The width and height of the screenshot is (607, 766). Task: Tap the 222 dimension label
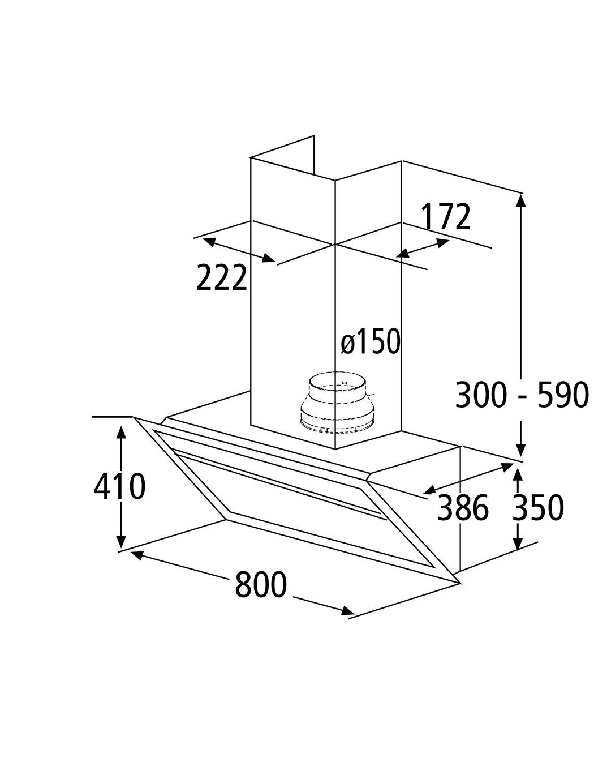point(221,277)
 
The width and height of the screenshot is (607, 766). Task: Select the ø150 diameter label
point(371,341)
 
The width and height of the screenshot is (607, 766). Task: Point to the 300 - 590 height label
point(522,395)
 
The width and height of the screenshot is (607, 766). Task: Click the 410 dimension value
point(119,486)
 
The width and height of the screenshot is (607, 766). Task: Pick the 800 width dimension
point(261,584)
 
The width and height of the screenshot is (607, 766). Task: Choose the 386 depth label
point(463,508)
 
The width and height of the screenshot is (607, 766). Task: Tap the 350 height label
point(538,507)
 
